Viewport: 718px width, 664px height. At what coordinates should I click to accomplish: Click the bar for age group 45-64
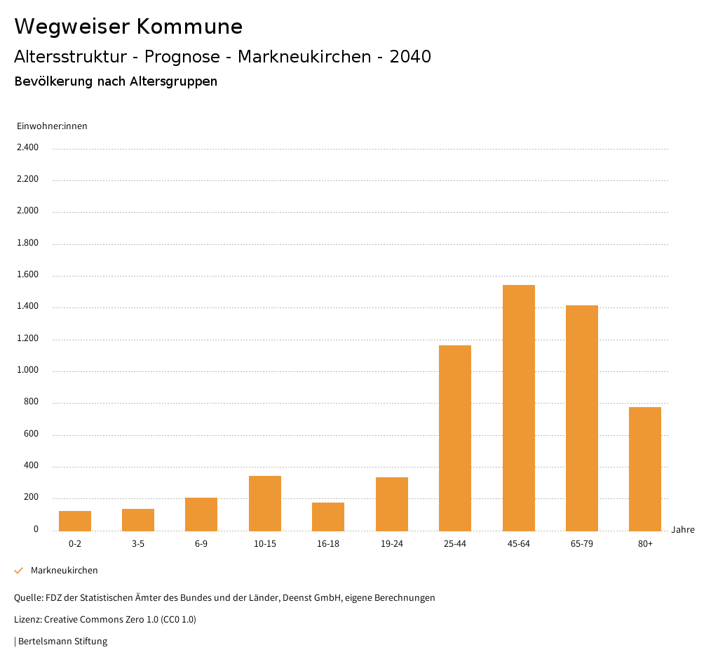(519, 408)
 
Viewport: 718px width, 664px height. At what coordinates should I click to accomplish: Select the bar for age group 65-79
(582, 418)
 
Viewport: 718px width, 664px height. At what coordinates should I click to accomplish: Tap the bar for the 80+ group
(645, 469)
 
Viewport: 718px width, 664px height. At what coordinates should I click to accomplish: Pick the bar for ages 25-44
(455, 438)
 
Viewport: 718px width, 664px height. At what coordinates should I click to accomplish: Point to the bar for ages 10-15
(265, 503)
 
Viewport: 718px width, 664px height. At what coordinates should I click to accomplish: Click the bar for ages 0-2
(75, 521)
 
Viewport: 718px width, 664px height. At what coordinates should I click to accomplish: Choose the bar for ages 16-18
(328, 517)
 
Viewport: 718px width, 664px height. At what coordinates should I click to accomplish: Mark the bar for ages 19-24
(392, 504)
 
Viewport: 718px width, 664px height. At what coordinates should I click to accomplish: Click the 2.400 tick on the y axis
(28, 147)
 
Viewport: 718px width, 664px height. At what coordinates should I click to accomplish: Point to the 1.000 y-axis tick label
(28, 371)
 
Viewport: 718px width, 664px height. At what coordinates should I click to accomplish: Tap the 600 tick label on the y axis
(32, 434)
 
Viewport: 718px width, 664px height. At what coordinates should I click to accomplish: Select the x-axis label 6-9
(201, 544)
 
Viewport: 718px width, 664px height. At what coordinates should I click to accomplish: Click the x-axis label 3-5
(138, 544)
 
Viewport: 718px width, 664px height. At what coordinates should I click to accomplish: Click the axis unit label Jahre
(683, 530)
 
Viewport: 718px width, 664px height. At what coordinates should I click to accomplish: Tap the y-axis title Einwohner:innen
(52, 126)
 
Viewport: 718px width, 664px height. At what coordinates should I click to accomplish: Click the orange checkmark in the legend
(19, 571)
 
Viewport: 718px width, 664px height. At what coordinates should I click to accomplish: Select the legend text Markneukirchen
(65, 571)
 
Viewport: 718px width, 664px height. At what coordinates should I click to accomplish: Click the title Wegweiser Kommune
(128, 27)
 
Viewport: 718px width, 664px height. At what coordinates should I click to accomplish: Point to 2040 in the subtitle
(410, 57)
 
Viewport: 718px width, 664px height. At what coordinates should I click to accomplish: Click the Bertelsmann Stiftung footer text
(62, 641)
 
